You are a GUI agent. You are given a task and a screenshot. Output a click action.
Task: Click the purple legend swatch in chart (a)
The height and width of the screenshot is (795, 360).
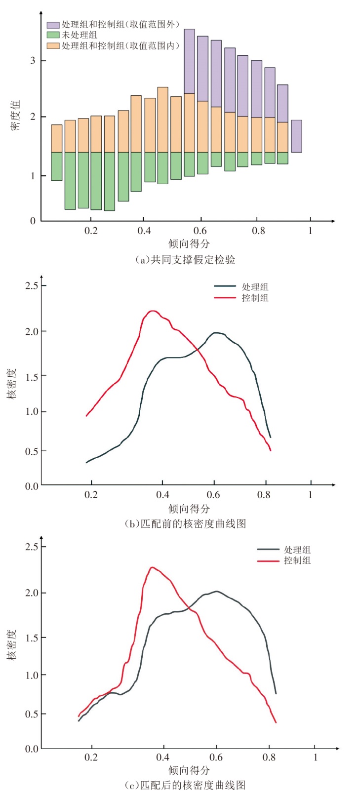click(x=53, y=25)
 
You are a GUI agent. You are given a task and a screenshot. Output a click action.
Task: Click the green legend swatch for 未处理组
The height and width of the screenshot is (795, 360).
click(x=53, y=35)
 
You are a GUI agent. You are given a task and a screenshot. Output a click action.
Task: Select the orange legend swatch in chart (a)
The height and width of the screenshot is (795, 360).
click(x=53, y=45)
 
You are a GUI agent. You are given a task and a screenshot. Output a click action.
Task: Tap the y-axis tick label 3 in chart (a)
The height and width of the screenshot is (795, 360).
click(x=33, y=61)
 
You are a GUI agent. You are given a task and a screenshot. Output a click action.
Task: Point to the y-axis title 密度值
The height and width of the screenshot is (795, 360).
click(x=16, y=115)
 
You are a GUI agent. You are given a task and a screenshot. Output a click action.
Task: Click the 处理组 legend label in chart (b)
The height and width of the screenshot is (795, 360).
click(x=255, y=287)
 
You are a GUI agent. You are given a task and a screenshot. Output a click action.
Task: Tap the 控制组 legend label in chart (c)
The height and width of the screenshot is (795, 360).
click(x=297, y=560)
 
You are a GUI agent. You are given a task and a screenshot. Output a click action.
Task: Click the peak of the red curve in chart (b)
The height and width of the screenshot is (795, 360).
click(x=153, y=311)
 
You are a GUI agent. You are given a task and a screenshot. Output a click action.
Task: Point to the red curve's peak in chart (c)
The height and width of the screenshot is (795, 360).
click(x=152, y=567)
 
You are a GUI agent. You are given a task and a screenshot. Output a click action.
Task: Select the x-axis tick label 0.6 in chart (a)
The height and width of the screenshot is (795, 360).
click(x=200, y=231)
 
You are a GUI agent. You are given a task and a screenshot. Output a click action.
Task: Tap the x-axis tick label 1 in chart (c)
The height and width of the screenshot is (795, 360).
click(x=316, y=756)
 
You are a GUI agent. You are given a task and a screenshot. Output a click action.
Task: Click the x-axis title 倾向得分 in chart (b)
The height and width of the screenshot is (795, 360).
click(x=189, y=509)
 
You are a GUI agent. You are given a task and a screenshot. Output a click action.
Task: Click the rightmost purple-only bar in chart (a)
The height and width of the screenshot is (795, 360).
click(x=296, y=136)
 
